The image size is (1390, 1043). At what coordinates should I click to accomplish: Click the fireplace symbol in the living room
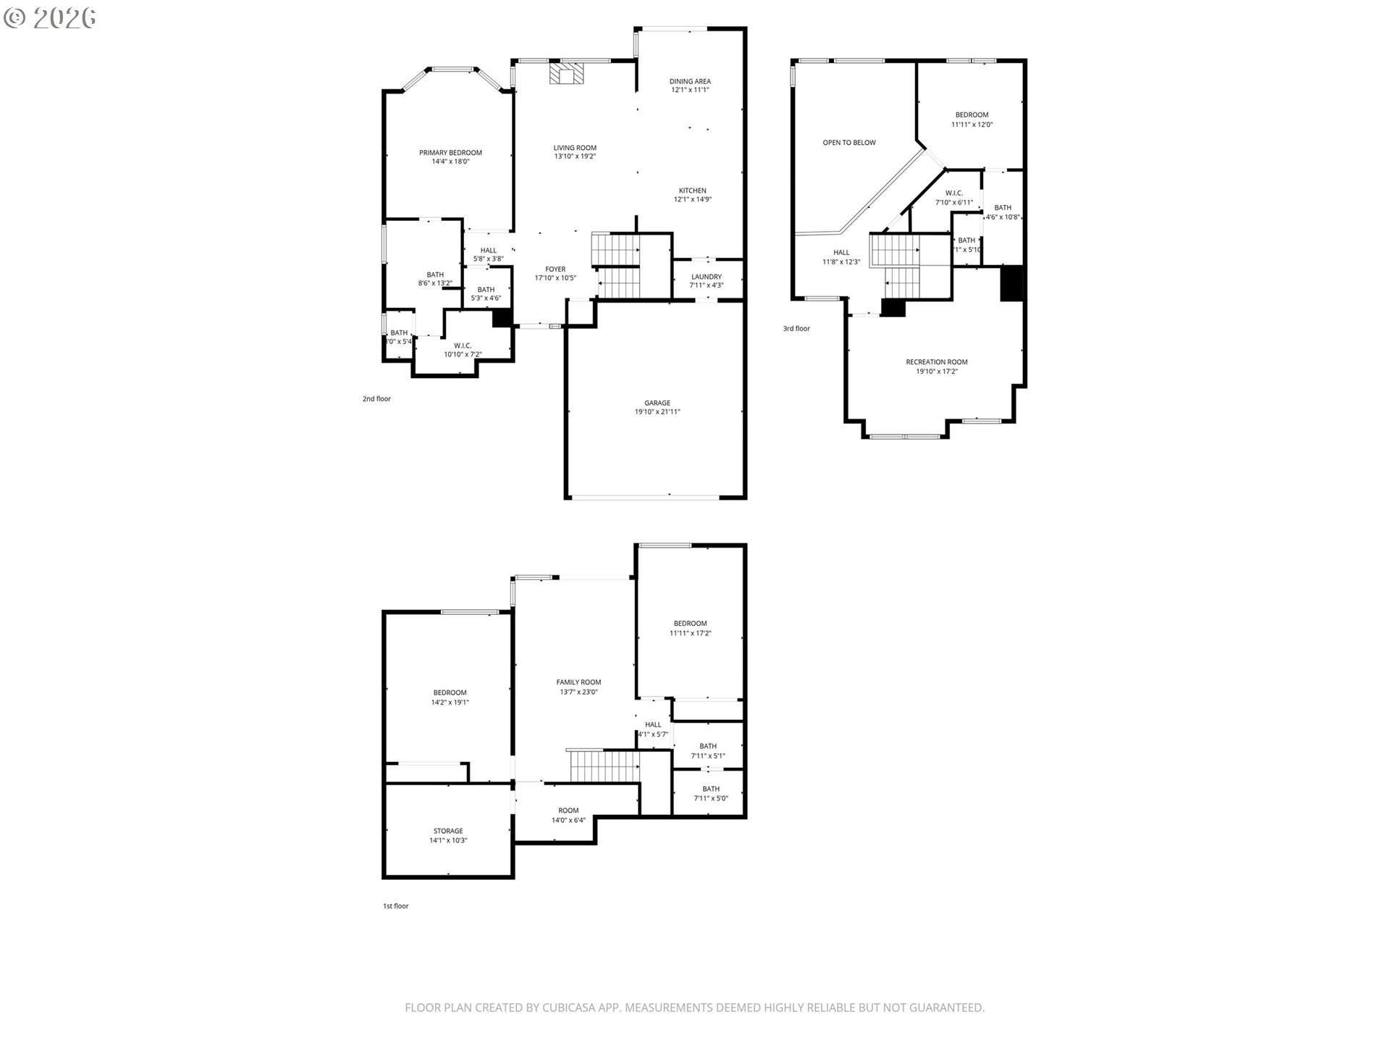pos(566,73)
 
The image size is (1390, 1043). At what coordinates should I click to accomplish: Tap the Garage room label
pos(657,403)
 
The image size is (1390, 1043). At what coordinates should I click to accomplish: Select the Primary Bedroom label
pos(450,153)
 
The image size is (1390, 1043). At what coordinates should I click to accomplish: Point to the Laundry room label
pos(706,277)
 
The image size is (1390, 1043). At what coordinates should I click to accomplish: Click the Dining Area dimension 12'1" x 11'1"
pos(690,91)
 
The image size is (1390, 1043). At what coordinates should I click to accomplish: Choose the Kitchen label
pos(692,190)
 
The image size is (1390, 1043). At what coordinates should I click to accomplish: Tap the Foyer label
pos(555,269)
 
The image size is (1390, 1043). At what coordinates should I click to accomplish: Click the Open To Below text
pos(848,143)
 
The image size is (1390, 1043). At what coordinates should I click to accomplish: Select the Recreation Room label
pos(936,362)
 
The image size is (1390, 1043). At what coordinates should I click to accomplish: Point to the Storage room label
pos(448,831)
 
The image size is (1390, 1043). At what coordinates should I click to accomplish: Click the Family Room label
pos(578,682)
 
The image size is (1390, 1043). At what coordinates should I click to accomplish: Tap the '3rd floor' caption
pos(796,329)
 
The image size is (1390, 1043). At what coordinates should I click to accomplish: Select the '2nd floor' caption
pos(376,399)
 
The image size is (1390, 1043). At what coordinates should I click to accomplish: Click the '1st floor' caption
pos(395,906)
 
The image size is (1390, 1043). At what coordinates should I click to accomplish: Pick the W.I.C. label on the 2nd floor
pos(463,345)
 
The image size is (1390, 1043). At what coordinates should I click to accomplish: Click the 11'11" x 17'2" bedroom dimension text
pos(690,633)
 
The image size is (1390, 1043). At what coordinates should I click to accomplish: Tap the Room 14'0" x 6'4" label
pos(568,810)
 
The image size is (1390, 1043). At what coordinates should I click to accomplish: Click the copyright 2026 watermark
pos(50,17)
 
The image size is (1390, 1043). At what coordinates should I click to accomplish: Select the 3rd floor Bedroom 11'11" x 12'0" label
pos(972,115)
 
